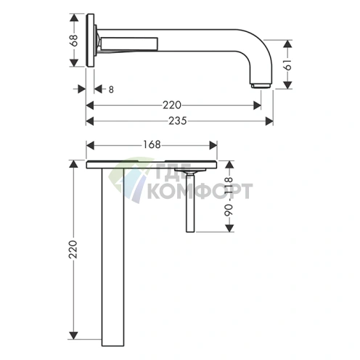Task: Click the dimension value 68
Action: (x=74, y=40)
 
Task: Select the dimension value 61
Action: (x=288, y=65)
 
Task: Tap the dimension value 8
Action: (x=111, y=90)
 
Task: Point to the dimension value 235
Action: (x=178, y=120)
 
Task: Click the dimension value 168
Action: (x=152, y=144)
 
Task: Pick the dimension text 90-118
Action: (x=229, y=197)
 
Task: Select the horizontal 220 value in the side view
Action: (x=172, y=105)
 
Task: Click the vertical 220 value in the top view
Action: (x=73, y=250)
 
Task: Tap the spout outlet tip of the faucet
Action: (x=261, y=86)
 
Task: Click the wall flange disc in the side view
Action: (x=90, y=40)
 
